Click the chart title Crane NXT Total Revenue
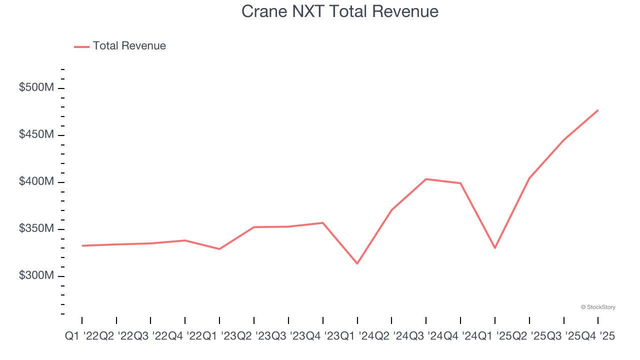click(x=339, y=11)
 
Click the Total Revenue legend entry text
click(x=129, y=46)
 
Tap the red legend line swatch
click(x=81, y=46)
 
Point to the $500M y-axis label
click(x=36, y=87)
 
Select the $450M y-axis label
click(x=36, y=134)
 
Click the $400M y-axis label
click(x=36, y=181)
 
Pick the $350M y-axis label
click(x=36, y=228)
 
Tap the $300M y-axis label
click(x=36, y=275)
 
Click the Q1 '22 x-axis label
click(x=82, y=336)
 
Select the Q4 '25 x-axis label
click(x=598, y=336)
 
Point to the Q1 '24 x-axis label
click(x=357, y=336)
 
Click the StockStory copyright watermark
click(x=598, y=307)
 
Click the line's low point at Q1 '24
click(x=357, y=263)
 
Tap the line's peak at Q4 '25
click(x=598, y=110)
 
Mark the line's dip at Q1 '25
click(x=495, y=248)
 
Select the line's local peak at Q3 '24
click(x=426, y=179)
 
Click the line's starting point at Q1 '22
click(x=82, y=245)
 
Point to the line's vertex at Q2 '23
click(x=254, y=227)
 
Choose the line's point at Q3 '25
click(x=563, y=140)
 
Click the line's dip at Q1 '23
click(x=219, y=249)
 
